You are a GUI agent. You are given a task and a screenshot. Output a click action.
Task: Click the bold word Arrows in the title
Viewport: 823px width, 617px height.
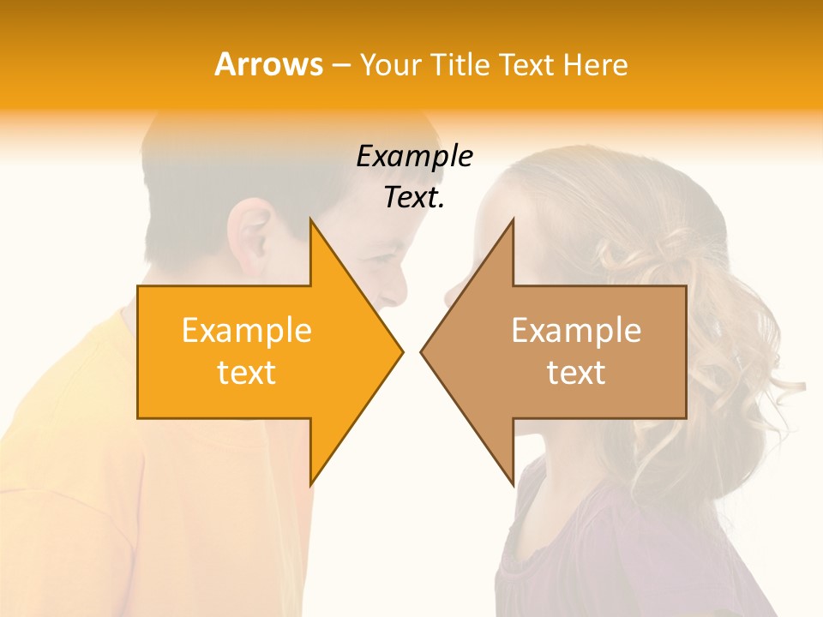tap(268, 64)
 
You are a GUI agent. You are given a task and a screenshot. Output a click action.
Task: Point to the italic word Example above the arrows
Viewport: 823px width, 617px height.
tap(414, 157)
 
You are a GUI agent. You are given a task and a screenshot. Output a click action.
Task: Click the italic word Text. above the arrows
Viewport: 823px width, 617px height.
tap(414, 198)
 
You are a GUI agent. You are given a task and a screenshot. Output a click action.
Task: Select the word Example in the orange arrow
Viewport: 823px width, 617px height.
tap(247, 331)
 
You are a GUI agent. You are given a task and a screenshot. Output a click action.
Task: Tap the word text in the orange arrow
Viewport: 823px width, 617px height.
tap(247, 373)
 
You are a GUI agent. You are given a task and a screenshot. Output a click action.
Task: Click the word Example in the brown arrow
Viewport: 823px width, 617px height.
tap(576, 331)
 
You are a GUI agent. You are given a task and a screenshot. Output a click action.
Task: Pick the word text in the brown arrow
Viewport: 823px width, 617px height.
tap(576, 373)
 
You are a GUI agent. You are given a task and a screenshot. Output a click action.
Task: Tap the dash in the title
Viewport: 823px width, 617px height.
tap(340, 65)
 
